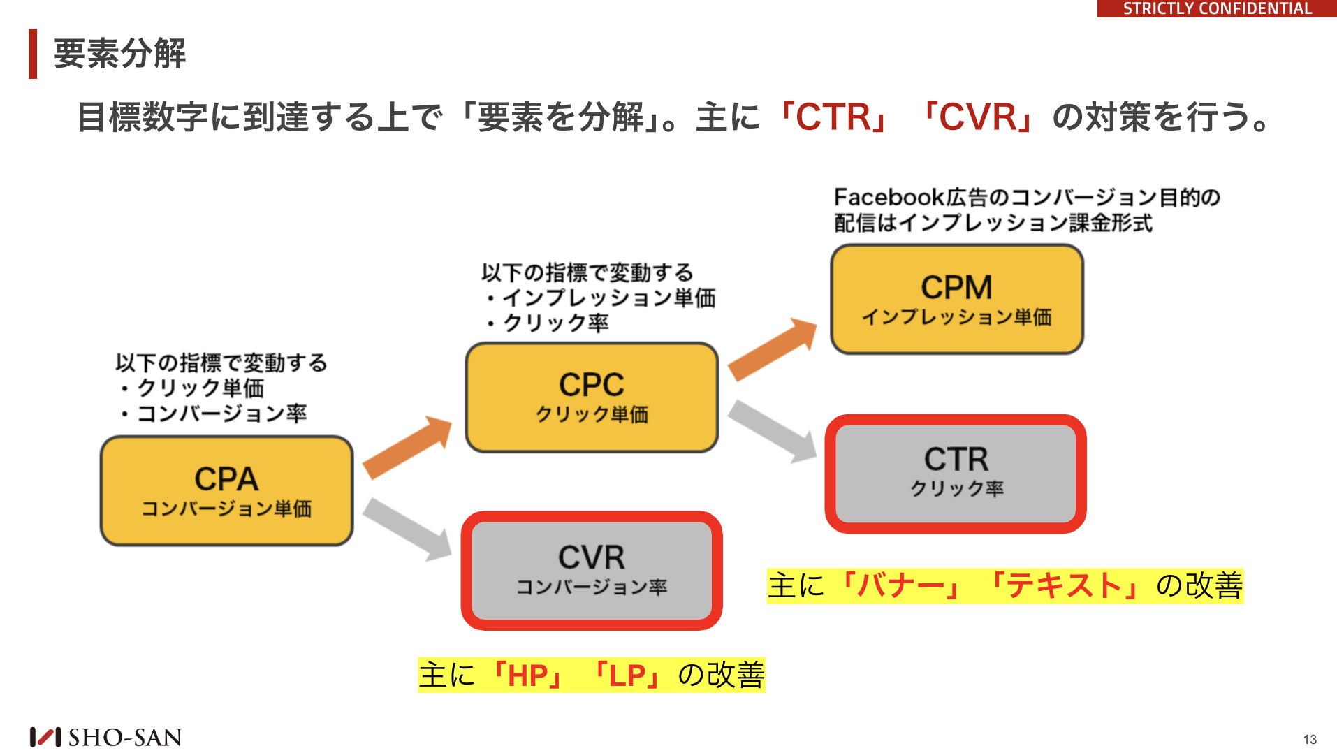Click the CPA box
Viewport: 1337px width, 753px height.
point(227,491)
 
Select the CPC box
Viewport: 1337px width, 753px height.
point(592,397)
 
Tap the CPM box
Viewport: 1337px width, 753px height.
point(957,299)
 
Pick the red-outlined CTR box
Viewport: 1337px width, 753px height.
point(956,474)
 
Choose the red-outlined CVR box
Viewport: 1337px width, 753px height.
point(592,571)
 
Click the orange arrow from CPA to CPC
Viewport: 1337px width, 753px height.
point(408,447)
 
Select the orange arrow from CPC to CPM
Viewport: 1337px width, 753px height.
point(773,349)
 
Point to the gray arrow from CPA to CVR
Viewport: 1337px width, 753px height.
point(408,529)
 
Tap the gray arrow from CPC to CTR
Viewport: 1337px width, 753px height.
point(773,431)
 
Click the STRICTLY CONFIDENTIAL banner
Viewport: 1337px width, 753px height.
point(1217,8)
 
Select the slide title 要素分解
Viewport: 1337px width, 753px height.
point(120,54)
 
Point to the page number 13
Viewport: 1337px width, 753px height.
point(1310,739)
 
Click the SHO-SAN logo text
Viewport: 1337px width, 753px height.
point(125,737)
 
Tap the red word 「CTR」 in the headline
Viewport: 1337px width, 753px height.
point(835,117)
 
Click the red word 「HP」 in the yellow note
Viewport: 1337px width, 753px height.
point(528,675)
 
